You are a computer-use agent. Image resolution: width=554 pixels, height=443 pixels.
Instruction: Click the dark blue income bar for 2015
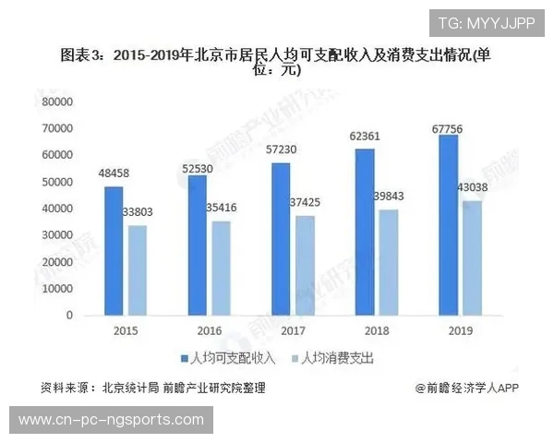pos(114,250)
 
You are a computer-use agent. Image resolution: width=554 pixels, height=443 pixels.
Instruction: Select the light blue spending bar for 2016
pos(220,268)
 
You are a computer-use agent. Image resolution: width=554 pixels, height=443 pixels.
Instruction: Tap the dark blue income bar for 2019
pos(448,225)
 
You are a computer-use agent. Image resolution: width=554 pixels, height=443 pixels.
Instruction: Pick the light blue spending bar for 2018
pos(388,262)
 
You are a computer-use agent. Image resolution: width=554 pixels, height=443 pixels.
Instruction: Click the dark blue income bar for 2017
pos(282,239)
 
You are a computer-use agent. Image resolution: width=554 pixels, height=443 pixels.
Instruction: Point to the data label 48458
pos(113,174)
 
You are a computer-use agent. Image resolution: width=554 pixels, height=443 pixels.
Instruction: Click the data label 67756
pos(448,129)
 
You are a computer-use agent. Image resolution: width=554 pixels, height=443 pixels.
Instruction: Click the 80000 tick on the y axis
pos(57,102)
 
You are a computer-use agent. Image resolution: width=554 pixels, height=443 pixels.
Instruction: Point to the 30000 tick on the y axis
pos(57,235)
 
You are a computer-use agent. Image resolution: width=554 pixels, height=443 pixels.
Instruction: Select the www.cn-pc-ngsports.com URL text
pos(110,420)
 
